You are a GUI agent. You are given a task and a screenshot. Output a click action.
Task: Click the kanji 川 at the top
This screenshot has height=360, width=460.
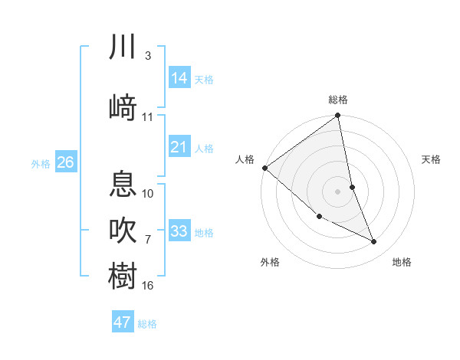pos(122,47)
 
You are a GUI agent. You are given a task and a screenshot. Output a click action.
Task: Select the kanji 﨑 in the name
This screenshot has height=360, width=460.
pos(122,107)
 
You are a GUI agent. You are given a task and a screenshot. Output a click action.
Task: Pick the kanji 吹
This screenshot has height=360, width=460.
pos(122,229)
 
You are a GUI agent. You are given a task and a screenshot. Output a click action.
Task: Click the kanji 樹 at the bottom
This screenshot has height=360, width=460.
pos(122,276)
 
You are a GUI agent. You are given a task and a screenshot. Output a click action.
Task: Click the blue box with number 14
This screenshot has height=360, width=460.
pos(179,77)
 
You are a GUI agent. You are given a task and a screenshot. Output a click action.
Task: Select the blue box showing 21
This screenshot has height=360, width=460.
pos(179,146)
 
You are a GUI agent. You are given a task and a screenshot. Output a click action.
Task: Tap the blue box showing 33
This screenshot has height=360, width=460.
pos(179,231)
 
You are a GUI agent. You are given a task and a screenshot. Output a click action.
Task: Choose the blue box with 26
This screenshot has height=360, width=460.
pos(66,162)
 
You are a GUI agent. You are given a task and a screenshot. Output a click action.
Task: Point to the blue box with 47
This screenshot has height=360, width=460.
pos(123,322)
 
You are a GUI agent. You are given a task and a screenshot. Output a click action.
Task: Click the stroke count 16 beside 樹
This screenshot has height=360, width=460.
pos(148,286)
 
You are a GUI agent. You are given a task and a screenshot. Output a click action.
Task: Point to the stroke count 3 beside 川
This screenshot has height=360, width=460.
pos(148,55)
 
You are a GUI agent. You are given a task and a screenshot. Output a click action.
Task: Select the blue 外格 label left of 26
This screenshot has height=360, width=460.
pos(41,163)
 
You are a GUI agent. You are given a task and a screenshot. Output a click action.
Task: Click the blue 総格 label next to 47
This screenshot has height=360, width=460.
pos(147,324)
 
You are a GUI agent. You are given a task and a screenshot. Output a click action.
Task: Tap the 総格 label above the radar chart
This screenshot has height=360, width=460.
pos(338,100)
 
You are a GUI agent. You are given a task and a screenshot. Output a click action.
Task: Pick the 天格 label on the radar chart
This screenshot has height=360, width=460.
pos(432,159)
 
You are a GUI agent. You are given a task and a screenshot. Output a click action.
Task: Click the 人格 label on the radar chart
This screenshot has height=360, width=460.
pos(245,159)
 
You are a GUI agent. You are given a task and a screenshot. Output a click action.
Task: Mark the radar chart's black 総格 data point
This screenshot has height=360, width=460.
pos(338,116)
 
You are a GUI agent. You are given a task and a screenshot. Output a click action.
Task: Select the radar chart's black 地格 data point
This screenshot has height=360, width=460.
pos(374,242)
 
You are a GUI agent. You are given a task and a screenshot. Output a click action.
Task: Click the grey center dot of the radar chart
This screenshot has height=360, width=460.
pos(338,191)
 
